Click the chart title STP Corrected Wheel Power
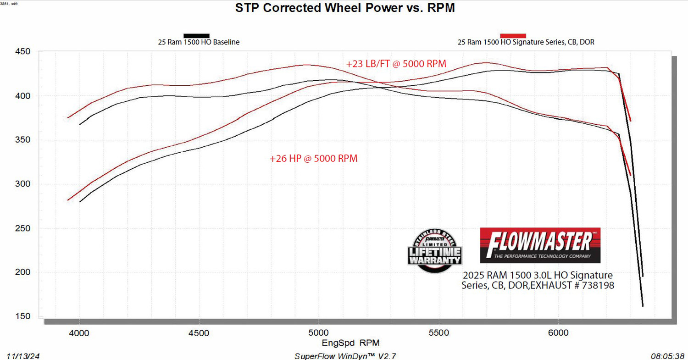point(344,8)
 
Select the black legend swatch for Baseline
point(196,35)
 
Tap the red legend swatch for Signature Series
point(513,35)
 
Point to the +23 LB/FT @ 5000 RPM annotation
point(396,64)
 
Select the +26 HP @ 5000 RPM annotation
point(313,159)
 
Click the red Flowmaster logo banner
point(540,245)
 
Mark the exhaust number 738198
point(598,285)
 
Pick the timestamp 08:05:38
point(667,356)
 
